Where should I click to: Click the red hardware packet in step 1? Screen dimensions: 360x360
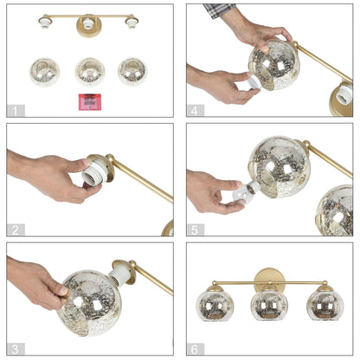point(88,101)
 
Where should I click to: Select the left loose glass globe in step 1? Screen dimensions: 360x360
point(44,71)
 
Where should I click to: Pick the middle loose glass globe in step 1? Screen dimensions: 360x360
point(89,71)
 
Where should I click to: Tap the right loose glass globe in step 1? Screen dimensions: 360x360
point(132,71)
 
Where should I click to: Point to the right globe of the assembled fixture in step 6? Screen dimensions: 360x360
point(324,305)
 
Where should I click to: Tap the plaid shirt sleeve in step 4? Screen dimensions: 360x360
point(220,10)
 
